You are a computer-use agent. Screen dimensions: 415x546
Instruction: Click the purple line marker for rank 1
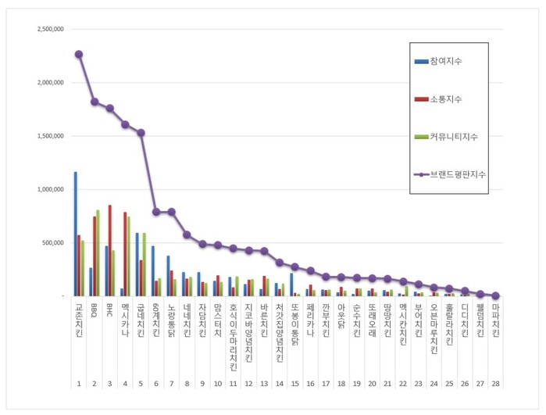coord(79,54)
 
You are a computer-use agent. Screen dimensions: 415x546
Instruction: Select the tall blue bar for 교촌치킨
coord(75,234)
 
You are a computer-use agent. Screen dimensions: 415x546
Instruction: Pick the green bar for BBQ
coord(98,252)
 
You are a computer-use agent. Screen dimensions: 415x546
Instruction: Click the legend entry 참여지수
coord(444,61)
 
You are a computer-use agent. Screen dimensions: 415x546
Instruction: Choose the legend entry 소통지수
coord(444,98)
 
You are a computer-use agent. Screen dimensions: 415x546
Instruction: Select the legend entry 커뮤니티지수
coord(452,137)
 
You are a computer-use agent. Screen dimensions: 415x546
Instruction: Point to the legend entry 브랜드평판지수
coord(457,174)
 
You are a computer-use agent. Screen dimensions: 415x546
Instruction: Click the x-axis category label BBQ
coord(94,308)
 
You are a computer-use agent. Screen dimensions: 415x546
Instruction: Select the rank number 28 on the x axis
coord(495,384)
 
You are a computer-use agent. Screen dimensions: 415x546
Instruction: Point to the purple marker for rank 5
coord(141,133)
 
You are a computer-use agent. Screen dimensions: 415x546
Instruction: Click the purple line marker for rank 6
coord(155,212)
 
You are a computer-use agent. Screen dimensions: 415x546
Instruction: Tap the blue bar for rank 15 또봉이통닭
coord(291,284)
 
